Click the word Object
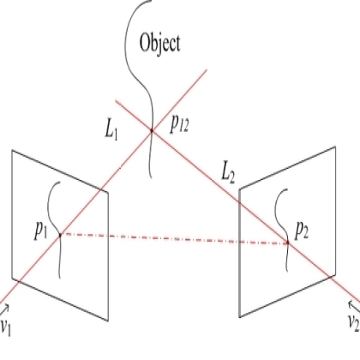(160, 44)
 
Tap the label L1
(111, 132)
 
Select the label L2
(228, 174)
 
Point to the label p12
(179, 125)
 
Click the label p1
(41, 231)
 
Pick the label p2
(302, 231)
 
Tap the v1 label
(5, 327)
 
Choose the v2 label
(354, 323)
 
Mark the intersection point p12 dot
(152, 131)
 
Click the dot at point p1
(60, 235)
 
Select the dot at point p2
(288, 243)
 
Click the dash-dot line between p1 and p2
(174, 239)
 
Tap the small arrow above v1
(5, 309)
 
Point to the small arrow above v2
(353, 305)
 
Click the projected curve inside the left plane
(54, 230)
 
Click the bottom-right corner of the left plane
(108, 321)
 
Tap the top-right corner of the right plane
(335, 147)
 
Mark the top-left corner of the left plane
(12, 150)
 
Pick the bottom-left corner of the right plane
(239, 317)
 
